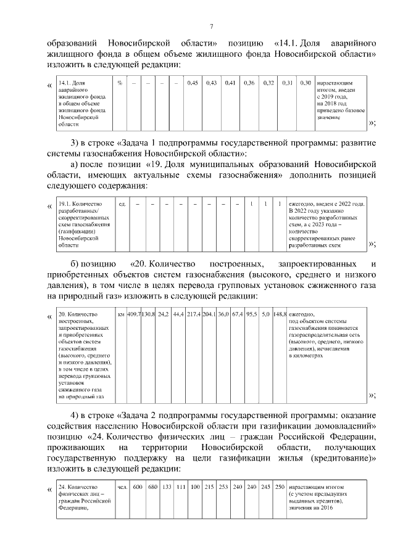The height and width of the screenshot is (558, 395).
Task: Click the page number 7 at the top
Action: [211, 26]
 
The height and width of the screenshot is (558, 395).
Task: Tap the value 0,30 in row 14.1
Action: [305, 83]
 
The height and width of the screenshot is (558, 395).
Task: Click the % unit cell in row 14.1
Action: [120, 83]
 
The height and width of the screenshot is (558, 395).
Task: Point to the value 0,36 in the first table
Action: [249, 83]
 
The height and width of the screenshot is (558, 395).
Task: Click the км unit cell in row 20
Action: [121, 314]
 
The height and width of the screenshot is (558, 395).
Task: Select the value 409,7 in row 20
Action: [134, 314]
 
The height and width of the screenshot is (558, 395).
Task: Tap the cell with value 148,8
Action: [280, 314]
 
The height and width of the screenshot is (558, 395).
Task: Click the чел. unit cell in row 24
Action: [122, 486]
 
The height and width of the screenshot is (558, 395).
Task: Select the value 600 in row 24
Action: [138, 486]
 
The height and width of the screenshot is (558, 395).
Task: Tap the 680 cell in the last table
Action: [152, 486]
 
